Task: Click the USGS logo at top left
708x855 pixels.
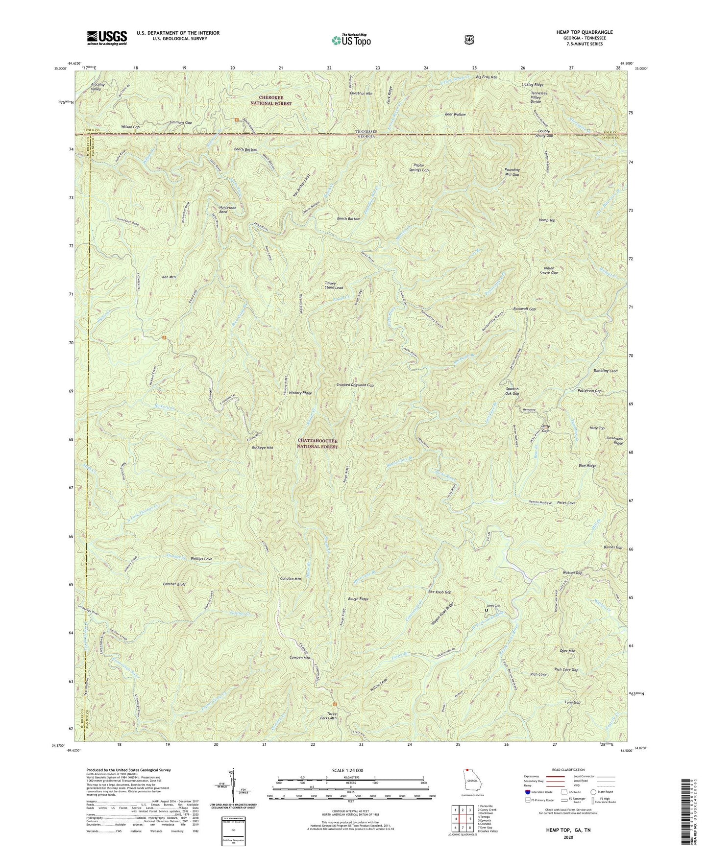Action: [x=107, y=37]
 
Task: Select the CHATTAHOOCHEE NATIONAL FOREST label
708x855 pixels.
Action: [x=318, y=444]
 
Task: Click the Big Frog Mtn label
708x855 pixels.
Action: [x=487, y=77]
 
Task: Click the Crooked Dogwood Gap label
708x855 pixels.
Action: [x=355, y=385]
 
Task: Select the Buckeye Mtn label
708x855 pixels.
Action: [x=262, y=447]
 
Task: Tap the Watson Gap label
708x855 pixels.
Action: [x=572, y=572]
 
